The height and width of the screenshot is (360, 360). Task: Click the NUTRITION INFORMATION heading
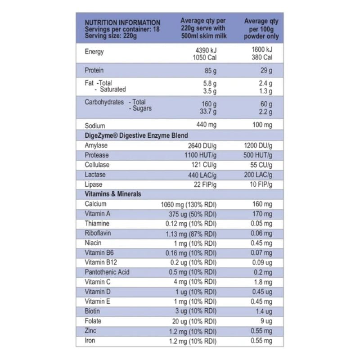(x=122, y=22)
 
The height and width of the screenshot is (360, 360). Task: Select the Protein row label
(x=94, y=71)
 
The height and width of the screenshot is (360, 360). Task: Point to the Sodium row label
(x=94, y=126)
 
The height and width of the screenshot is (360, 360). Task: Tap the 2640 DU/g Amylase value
(x=202, y=145)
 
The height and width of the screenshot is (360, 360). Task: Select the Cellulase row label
(x=97, y=165)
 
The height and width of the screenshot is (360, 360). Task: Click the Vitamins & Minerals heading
(x=113, y=194)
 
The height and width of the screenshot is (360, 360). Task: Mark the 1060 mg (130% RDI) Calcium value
(x=189, y=204)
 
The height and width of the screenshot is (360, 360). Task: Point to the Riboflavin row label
(x=98, y=233)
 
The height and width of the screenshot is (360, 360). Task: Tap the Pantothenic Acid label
(x=107, y=272)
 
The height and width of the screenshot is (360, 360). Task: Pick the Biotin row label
(x=92, y=311)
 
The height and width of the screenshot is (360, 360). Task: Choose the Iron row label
(x=90, y=341)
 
